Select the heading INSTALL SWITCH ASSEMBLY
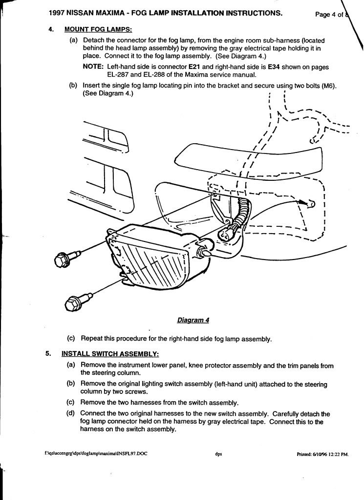(x=110, y=353)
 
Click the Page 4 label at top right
(x=328, y=15)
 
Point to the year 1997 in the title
(x=60, y=14)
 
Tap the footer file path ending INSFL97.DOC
(x=95, y=454)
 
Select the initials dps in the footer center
(x=218, y=454)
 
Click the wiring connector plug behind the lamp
(x=229, y=234)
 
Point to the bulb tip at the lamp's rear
(x=205, y=254)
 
